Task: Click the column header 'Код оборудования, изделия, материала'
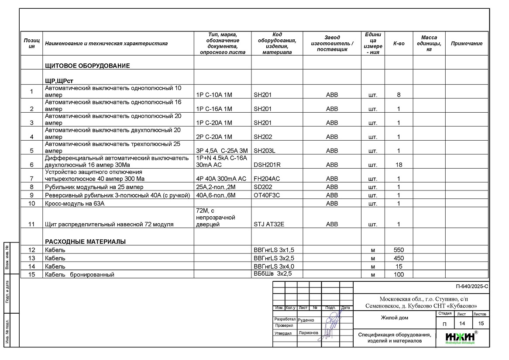click(277, 43)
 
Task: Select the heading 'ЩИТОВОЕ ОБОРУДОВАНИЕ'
click(87, 66)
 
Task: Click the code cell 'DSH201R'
click(267, 165)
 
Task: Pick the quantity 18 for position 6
click(399, 165)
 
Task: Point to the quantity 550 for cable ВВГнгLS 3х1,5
click(399, 250)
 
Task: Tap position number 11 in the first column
click(31, 225)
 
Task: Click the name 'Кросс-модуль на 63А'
click(75, 204)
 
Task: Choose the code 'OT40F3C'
click(267, 195)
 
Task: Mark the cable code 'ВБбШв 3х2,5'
click(272, 274)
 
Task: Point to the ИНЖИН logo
click(461, 337)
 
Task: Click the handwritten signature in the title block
click(333, 322)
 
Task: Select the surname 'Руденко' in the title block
click(306, 320)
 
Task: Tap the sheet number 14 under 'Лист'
click(462, 323)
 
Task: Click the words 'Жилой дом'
click(395, 318)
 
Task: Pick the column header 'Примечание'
click(467, 43)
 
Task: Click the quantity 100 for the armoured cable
click(399, 275)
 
